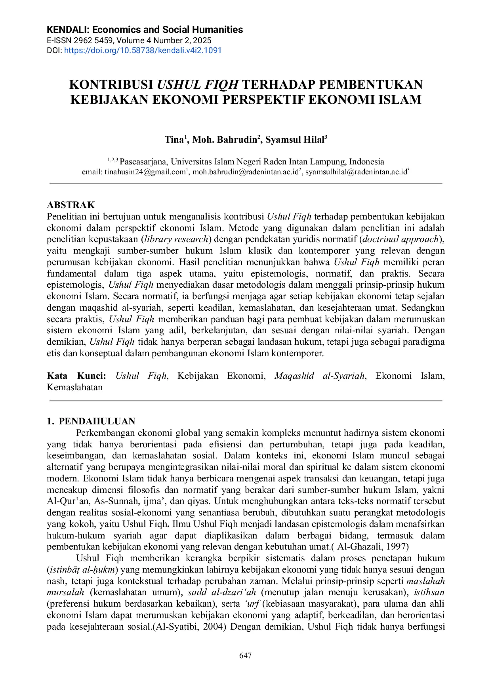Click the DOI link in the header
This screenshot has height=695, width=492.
pyautogui.click(x=143, y=50)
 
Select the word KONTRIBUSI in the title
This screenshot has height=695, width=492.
pyautogui.click(x=111, y=85)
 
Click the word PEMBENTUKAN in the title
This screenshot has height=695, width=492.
pyautogui.click(x=371, y=85)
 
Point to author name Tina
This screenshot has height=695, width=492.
pyautogui.click(x=174, y=140)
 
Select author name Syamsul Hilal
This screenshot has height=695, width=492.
pyautogui.click(x=295, y=140)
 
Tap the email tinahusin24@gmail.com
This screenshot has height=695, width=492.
pyautogui.click(x=145, y=172)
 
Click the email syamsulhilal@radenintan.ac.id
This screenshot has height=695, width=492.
pyautogui.click(x=356, y=172)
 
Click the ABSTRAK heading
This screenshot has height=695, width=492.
pyautogui.click(x=71, y=205)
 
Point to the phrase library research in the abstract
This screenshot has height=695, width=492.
pyautogui.click(x=176, y=239)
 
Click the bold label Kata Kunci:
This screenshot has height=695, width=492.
pyautogui.click(x=76, y=376)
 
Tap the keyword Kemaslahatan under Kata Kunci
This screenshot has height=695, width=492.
pyautogui.click(x=74, y=388)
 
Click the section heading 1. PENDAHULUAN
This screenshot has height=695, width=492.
pyautogui.click(x=91, y=421)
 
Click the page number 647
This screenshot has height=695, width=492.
pyautogui.click(x=246, y=655)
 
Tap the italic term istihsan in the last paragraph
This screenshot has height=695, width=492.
pyautogui.click(x=429, y=592)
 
